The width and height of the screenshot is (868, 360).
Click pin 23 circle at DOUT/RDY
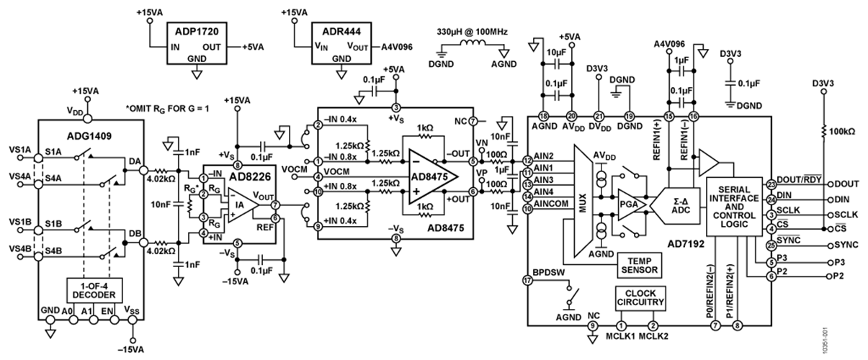pos(771,184)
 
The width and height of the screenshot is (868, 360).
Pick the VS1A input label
pos(18,150)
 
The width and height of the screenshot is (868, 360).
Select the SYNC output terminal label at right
pos(839,246)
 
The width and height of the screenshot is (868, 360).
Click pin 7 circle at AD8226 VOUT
pos(275,205)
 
